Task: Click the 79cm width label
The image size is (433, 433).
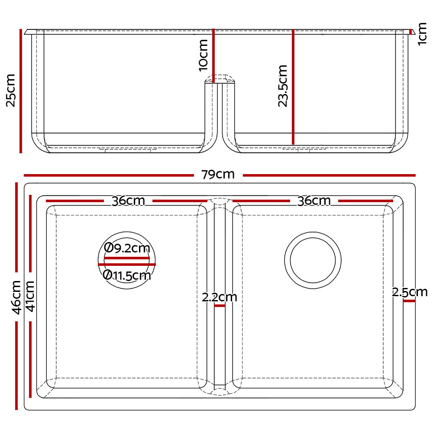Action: pos(218,174)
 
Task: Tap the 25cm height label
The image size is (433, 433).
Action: pos(10,90)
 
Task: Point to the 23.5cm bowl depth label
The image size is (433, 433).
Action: pos(282,86)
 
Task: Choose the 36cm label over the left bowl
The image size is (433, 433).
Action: pos(128,201)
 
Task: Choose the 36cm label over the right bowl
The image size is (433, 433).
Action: pos(314,201)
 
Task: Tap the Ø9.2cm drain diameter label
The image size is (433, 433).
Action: pos(127,248)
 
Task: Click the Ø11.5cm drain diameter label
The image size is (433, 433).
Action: pos(127,275)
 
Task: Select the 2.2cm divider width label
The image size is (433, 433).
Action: pos(220,297)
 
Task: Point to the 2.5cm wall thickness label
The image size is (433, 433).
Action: pos(410,292)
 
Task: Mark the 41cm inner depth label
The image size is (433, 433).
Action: pos(30,297)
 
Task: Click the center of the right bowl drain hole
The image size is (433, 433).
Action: pos(313,261)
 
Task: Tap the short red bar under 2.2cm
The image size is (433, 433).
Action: pos(220,306)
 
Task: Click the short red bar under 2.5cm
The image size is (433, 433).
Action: pos(409,301)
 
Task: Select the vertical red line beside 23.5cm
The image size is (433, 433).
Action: pos(293,87)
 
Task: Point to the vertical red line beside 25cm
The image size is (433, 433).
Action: pos(20,91)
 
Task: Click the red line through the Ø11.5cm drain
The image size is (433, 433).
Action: pos(127,264)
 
